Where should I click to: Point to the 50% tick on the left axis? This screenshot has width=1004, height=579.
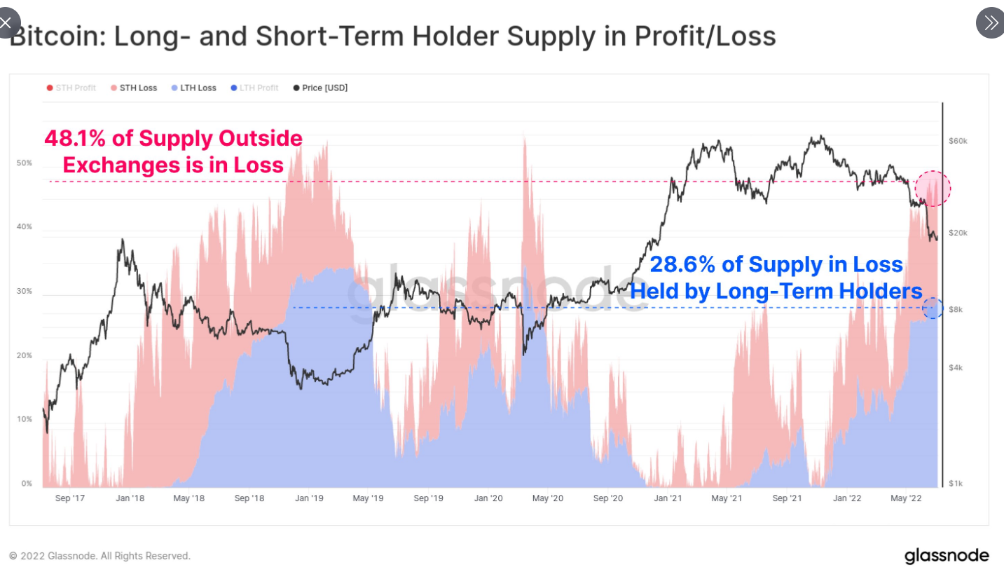(25, 163)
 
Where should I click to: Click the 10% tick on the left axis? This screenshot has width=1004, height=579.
(25, 419)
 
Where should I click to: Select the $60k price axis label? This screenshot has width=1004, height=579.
(958, 141)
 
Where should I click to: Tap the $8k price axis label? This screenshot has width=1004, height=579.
(955, 309)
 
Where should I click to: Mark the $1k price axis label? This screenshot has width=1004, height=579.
(955, 484)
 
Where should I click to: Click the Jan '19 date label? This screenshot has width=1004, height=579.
(309, 498)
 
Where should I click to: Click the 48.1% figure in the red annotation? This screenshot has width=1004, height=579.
(75, 139)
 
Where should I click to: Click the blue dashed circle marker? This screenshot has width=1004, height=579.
(933, 308)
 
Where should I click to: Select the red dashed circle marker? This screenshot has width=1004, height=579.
(933, 187)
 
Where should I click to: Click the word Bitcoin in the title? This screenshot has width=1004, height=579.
(56, 36)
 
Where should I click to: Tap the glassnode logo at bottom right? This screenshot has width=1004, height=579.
(947, 556)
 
